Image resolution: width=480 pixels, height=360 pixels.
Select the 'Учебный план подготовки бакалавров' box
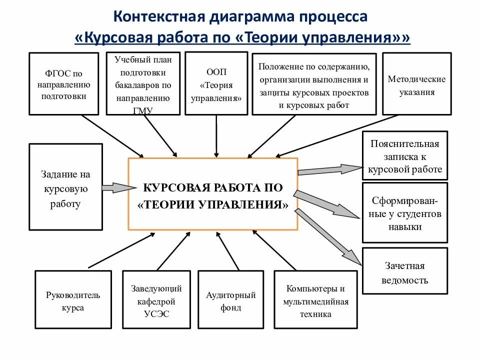click(143, 83)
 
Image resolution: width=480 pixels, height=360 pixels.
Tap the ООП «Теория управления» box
click(216, 83)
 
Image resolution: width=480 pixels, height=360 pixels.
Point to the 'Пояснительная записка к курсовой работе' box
click(404, 155)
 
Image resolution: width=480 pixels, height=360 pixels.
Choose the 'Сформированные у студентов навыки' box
click(404, 213)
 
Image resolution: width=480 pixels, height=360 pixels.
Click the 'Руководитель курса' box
click(73, 300)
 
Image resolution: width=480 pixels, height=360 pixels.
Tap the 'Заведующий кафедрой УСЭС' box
click(156, 300)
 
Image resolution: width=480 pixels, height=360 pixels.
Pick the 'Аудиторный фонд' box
click(230, 300)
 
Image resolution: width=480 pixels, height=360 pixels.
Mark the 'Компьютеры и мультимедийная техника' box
click(315, 300)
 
